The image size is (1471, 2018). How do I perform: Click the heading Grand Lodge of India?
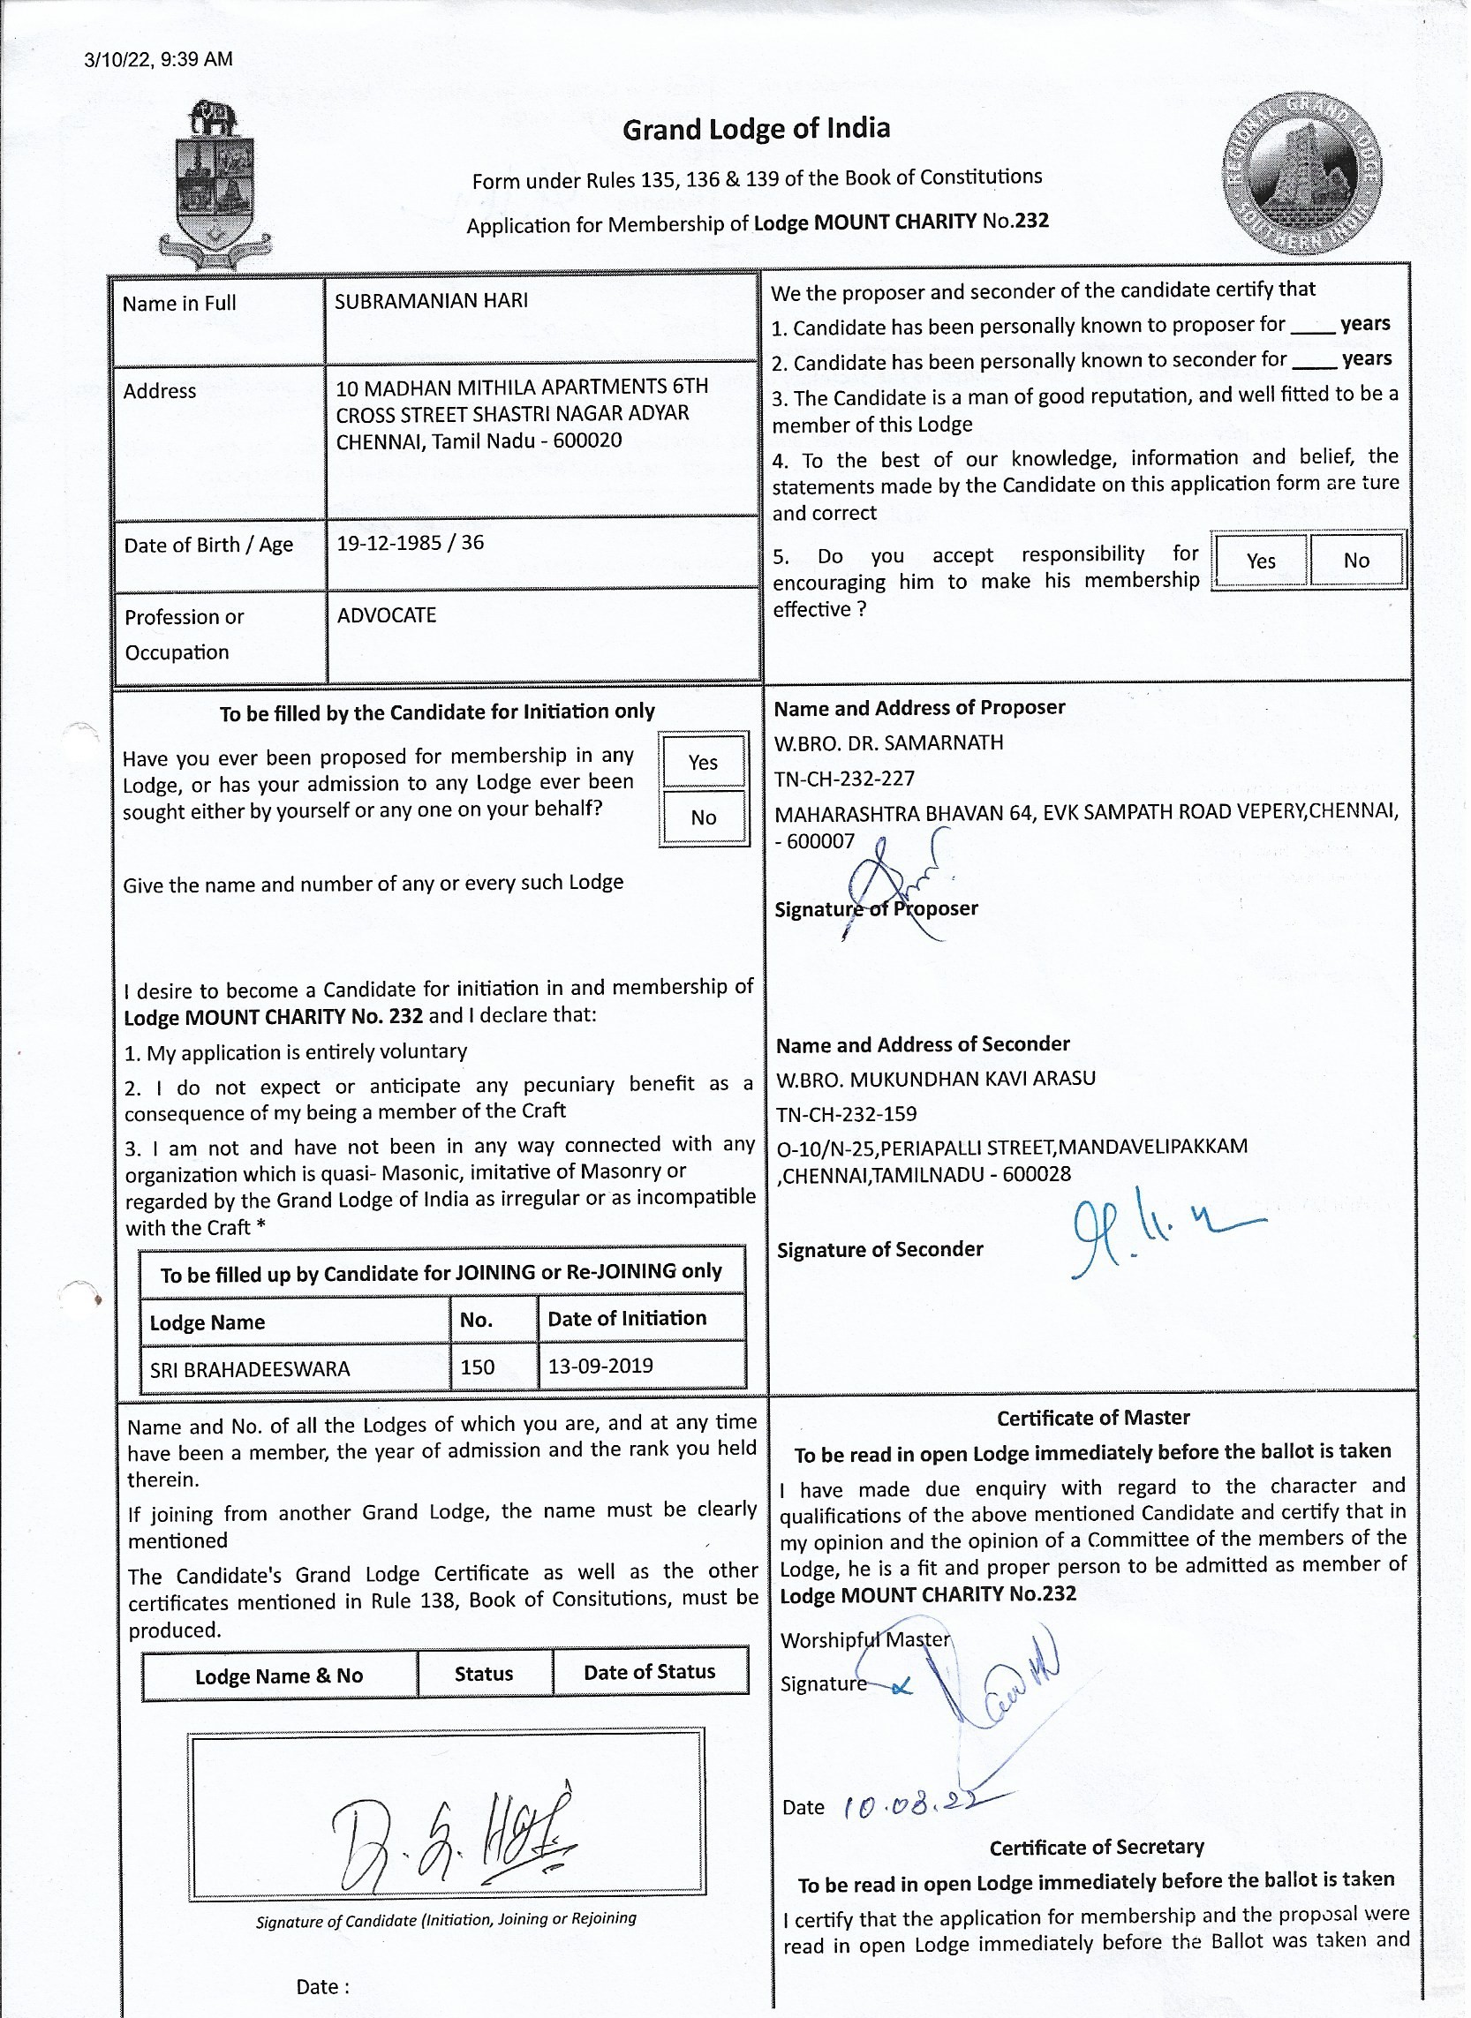coord(756,130)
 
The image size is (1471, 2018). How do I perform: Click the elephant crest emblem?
coord(214,187)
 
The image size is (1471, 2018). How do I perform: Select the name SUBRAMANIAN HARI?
coord(431,301)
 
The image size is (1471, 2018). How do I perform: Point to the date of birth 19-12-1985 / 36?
coord(411,543)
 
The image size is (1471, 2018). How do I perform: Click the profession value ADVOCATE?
coord(387,615)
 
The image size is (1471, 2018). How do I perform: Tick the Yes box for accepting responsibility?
coord(1261,561)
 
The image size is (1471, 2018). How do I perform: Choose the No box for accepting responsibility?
coord(1356,561)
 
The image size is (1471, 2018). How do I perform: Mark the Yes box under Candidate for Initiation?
coord(703,762)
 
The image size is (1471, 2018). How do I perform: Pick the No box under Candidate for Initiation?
coord(703,817)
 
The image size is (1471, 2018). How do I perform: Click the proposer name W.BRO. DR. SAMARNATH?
coord(888,742)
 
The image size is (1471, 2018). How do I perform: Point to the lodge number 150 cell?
coord(479,1367)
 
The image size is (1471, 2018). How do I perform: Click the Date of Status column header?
coord(649,1673)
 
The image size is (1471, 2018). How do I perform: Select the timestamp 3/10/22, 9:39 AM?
coord(159,60)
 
